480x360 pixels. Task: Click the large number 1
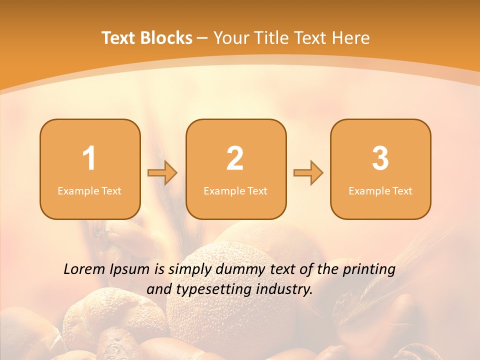89,158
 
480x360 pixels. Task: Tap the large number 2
235,158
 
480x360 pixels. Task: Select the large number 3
380,158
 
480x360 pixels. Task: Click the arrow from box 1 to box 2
162,173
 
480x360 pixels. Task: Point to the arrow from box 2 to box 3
308,173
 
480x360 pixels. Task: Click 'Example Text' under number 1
89,190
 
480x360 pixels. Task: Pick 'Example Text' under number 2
235,190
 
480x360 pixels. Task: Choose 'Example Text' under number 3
380,190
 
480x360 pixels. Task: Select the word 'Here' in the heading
351,38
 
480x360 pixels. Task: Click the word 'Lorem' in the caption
84,269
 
